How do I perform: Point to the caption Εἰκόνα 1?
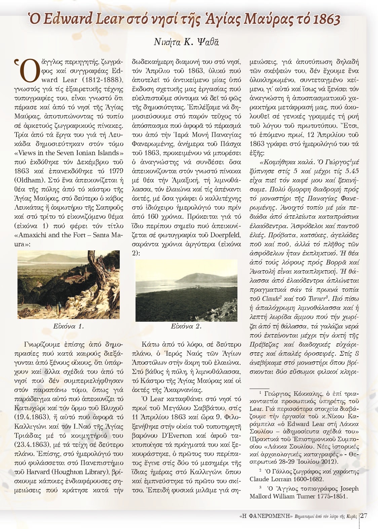[x=68, y=326]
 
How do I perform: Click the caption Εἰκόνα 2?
[x=186, y=326]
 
